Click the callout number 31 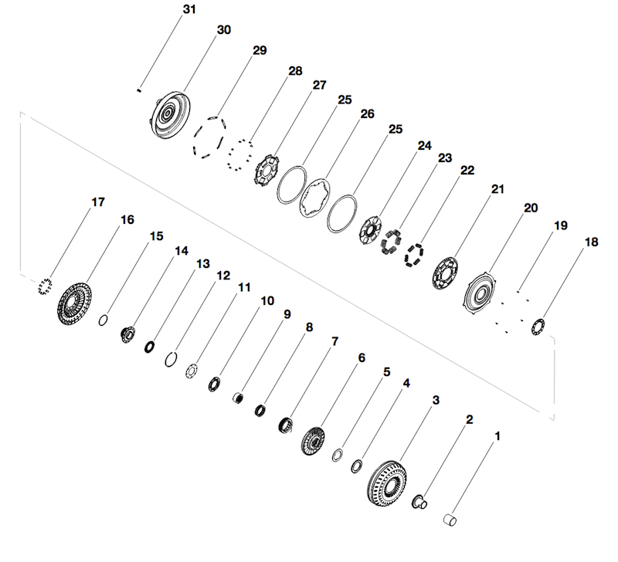[x=189, y=9]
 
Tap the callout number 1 [x=497, y=436]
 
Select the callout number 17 [x=98, y=202]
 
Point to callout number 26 [x=368, y=113]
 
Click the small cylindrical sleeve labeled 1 [x=450, y=520]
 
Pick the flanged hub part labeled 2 [x=419, y=502]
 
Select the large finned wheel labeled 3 [x=388, y=483]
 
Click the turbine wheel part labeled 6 [x=314, y=441]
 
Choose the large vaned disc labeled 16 [x=74, y=303]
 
